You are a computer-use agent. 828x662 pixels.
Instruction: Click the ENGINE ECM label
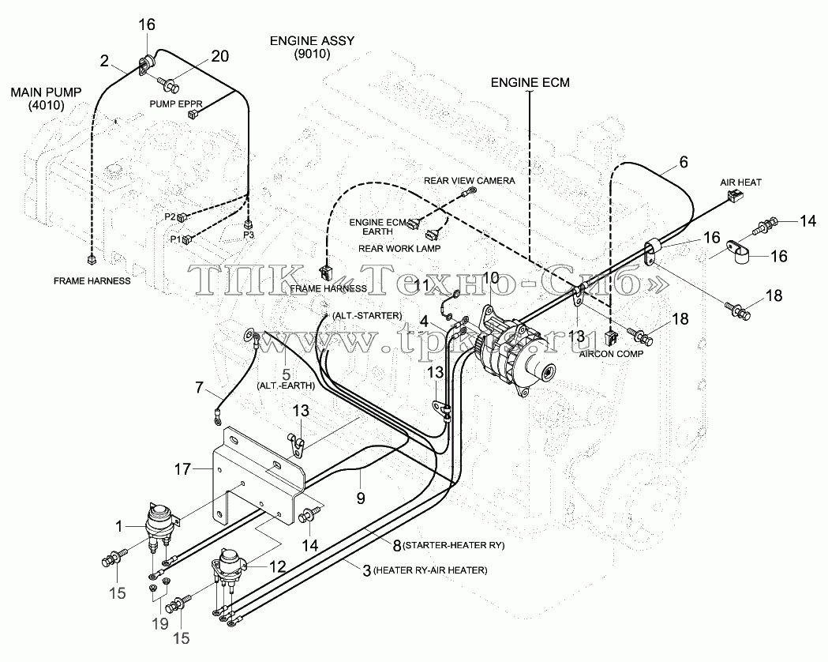(530, 82)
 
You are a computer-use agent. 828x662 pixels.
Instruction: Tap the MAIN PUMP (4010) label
(46, 99)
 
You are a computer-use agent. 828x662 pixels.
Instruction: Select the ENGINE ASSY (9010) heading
(312, 47)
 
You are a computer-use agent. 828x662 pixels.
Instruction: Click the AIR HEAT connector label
(741, 182)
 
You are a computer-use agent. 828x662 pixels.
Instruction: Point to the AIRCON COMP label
(611, 354)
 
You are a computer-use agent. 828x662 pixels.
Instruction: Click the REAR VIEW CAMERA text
(470, 181)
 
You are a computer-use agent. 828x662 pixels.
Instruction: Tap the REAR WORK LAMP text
(399, 248)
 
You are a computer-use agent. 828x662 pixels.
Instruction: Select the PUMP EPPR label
(176, 103)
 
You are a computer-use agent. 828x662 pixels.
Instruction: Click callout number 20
(219, 56)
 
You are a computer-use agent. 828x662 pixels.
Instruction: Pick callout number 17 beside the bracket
(182, 468)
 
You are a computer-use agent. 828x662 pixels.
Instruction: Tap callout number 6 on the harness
(684, 162)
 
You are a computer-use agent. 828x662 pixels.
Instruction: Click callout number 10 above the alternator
(491, 277)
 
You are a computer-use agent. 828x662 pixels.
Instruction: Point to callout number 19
(160, 623)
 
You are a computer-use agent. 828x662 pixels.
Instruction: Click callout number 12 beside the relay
(277, 567)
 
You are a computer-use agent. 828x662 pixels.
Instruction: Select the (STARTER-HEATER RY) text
(454, 545)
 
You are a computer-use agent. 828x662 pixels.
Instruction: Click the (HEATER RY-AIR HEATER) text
(430, 570)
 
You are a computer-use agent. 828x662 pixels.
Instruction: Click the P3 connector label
(249, 235)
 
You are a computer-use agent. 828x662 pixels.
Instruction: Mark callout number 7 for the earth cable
(199, 388)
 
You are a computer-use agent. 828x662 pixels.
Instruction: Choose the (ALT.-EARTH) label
(286, 386)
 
